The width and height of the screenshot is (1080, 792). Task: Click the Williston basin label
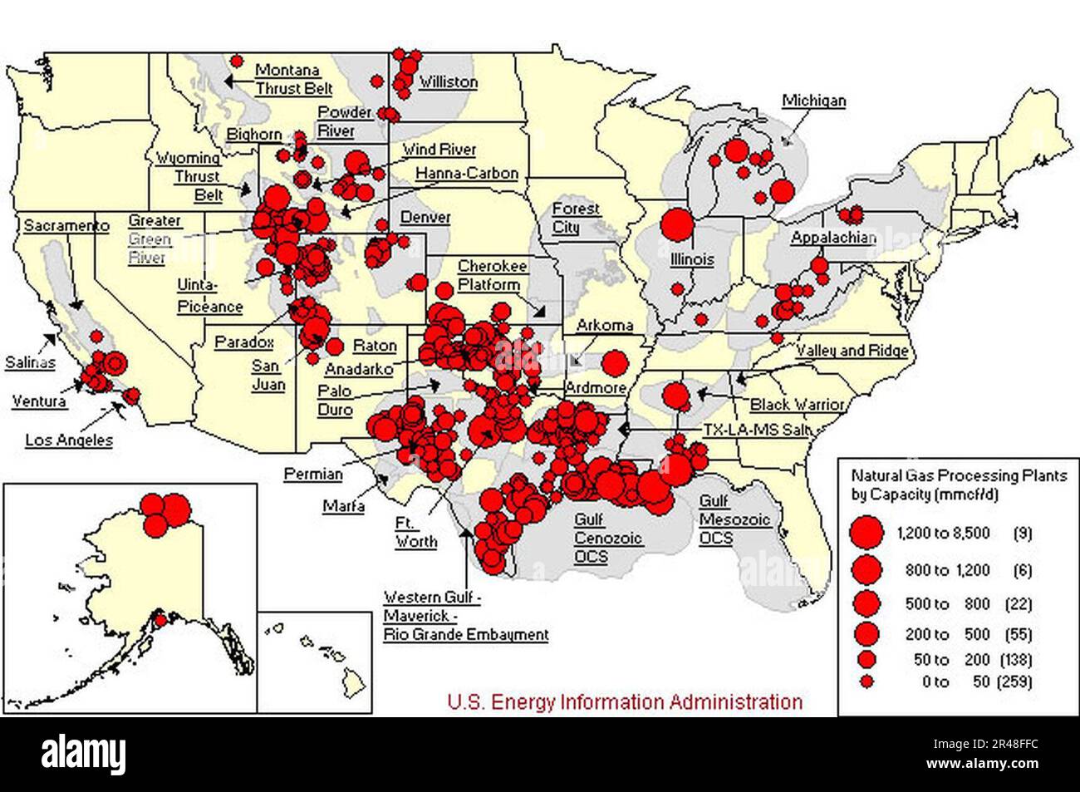(x=448, y=81)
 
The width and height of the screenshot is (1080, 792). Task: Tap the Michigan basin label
(x=813, y=101)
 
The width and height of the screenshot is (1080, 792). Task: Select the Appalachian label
(x=832, y=238)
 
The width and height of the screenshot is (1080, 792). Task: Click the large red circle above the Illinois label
(x=677, y=224)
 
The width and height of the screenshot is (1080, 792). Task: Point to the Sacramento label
(x=66, y=225)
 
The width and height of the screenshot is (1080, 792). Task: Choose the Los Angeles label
(x=67, y=440)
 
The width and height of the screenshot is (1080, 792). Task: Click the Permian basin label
(x=313, y=474)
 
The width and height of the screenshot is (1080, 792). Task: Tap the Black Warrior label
(x=797, y=405)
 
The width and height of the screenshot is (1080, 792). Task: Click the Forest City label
(x=577, y=218)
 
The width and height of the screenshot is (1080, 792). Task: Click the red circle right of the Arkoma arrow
(x=615, y=362)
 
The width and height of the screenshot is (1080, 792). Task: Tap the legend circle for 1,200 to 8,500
(x=867, y=533)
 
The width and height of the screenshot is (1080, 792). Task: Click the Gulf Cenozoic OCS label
(x=591, y=538)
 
